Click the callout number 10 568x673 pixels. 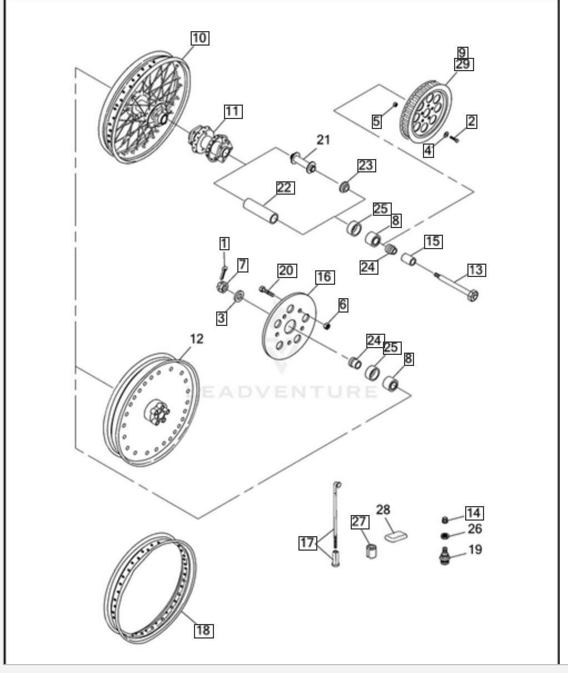pyautogui.click(x=200, y=38)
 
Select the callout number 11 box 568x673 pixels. pyautogui.click(x=232, y=111)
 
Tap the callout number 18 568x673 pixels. pyautogui.click(x=203, y=630)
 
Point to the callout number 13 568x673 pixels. pyautogui.click(x=476, y=270)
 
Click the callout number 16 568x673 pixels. pyautogui.click(x=325, y=277)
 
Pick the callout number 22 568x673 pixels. pyautogui.click(x=284, y=188)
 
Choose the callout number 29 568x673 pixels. pyautogui.click(x=463, y=65)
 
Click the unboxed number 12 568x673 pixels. pyautogui.click(x=197, y=339)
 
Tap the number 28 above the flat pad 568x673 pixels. pyautogui.click(x=383, y=509)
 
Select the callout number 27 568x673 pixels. pyautogui.click(x=360, y=522)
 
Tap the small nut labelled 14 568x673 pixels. pyautogui.click(x=445, y=519)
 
